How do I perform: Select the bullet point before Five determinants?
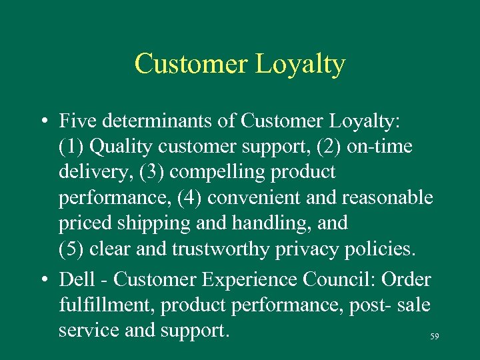click(42, 122)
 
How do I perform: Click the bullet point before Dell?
click(42, 280)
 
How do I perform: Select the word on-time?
click(379, 147)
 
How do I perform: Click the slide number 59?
click(435, 337)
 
